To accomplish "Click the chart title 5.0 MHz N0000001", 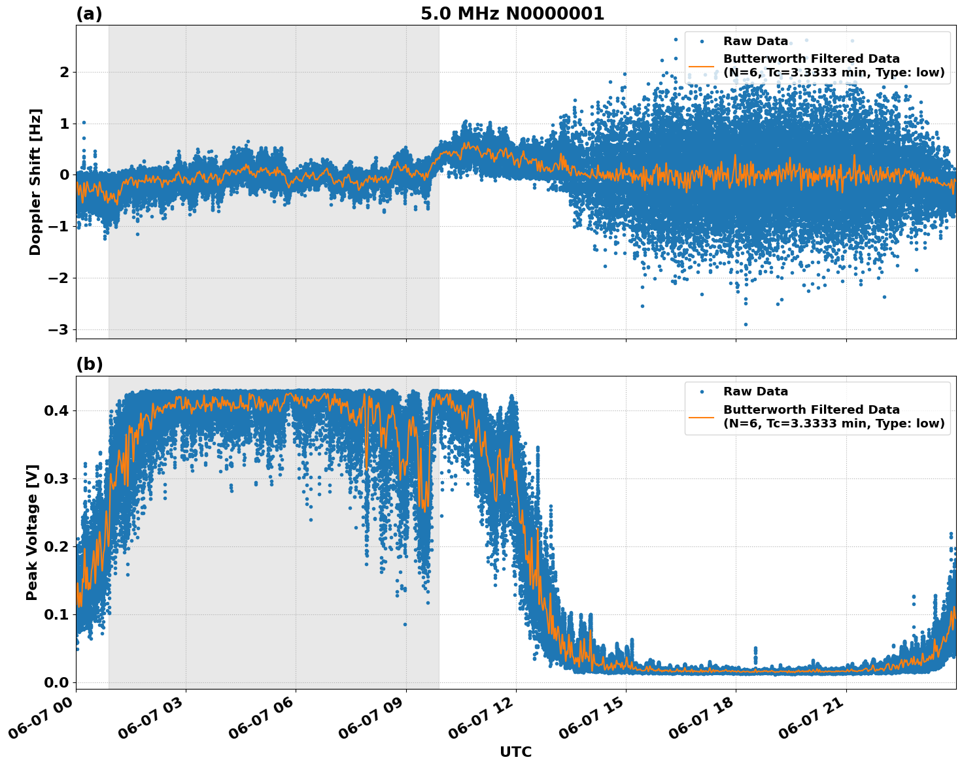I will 512,14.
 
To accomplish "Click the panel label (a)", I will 89,14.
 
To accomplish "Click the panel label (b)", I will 89,365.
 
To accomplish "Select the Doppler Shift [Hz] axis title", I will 35,182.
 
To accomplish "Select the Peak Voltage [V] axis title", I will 32,532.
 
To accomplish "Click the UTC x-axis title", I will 515,752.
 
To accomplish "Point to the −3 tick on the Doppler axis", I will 59,329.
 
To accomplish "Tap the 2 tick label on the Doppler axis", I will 65,72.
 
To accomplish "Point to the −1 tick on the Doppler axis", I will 59,227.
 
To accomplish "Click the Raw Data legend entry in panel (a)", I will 755,41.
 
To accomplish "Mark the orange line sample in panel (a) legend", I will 701,66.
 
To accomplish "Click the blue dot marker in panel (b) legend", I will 702,391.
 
